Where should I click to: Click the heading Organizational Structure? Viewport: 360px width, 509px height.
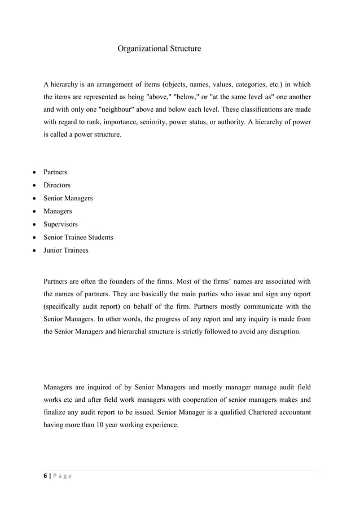[x=159, y=49]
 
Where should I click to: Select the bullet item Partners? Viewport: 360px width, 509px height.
[x=55, y=172]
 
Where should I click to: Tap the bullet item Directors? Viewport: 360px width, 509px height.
[x=57, y=185]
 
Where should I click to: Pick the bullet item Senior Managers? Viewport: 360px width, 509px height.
[x=68, y=198]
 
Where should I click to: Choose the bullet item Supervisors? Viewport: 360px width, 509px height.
[x=61, y=224]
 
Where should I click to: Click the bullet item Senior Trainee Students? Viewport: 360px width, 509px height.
[x=78, y=237]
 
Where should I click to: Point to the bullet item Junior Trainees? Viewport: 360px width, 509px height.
[x=66, y=250]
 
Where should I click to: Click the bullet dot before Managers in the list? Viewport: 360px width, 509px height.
[x=36, y=212]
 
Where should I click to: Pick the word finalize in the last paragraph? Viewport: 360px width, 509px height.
[x=55, y=413]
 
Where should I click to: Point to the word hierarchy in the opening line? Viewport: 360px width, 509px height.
[x=64, y=84]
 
